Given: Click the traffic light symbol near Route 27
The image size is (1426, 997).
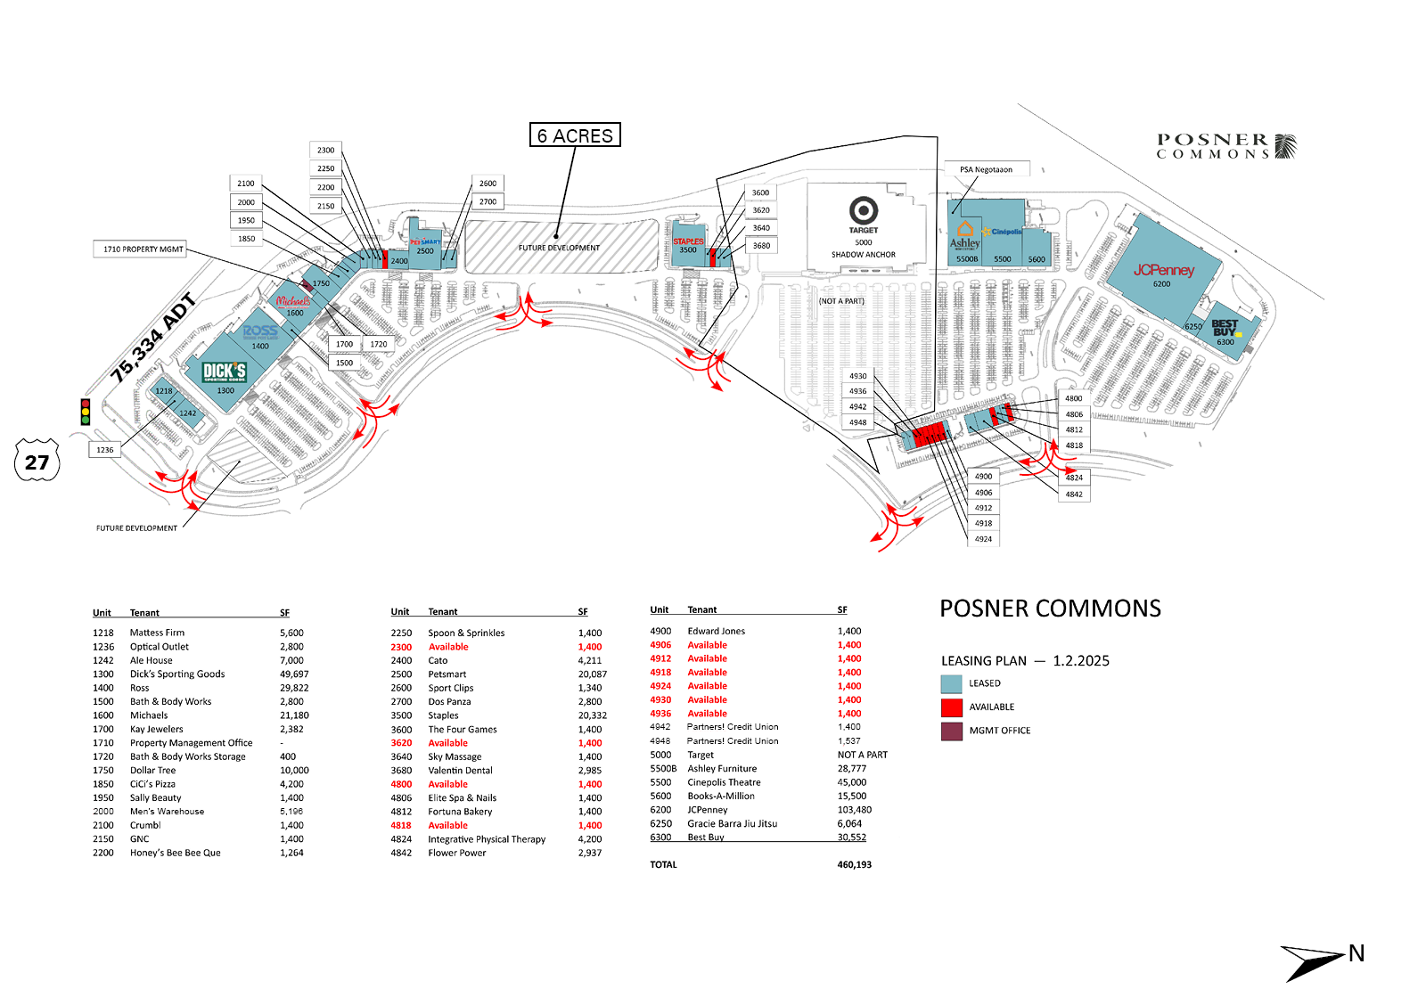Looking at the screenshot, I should (86, 412).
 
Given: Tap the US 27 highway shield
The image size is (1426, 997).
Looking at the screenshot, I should (37, 461).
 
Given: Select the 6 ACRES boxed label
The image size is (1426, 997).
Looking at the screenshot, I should (575, 135).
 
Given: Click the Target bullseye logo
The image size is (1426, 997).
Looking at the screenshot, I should (863, 211).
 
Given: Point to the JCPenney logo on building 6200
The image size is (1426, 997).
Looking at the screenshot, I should (1163, 270).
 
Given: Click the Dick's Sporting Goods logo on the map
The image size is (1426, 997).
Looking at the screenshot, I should (224, 372).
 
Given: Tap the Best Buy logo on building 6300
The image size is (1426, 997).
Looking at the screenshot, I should (1225, 327).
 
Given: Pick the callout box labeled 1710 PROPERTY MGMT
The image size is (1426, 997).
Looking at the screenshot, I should (143, 249).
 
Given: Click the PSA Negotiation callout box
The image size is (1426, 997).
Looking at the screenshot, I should (987, 169).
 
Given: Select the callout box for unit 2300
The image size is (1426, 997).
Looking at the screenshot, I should (326, 151).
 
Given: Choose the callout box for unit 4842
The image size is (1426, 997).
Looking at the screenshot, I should (1074, 494).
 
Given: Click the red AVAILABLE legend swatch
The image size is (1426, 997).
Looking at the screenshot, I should (952, 707).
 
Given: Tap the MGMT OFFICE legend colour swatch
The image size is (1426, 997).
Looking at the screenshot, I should (952, 731).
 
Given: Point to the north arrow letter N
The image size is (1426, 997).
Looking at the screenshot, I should (1356, 953).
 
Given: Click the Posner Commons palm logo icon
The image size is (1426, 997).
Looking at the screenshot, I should (1285, 146).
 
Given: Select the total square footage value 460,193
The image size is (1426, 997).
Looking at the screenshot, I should (854, 865).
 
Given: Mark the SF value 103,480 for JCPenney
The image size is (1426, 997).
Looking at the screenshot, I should (854, 810).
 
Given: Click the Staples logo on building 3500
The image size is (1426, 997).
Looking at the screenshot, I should (688, 241).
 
